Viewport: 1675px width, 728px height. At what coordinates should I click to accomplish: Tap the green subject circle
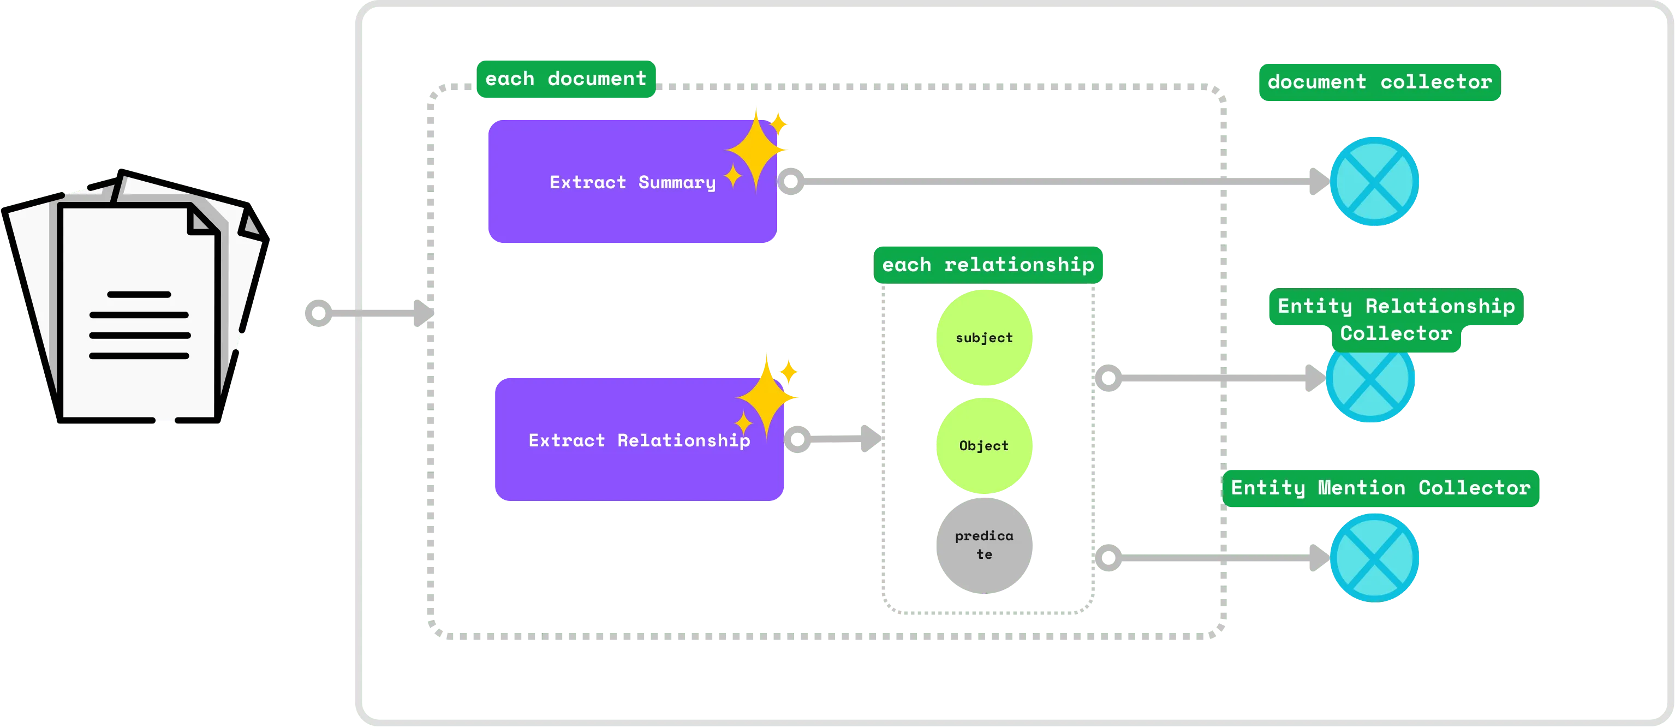pos(984,337)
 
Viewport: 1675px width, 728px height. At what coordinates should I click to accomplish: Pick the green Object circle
pos(984,446)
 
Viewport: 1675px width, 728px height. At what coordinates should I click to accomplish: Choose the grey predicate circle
pos(984,545)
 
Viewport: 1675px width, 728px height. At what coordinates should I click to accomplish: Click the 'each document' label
pos(566,79)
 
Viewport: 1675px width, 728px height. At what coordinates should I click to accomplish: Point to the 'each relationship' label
pos(988,265)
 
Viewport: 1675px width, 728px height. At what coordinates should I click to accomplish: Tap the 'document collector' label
pos(1379,82)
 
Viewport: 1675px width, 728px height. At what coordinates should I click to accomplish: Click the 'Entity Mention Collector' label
pos(1380,487)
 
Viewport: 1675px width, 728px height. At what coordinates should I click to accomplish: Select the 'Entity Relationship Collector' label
pos(1396,319)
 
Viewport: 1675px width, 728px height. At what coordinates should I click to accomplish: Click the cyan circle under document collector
pos(1374,181)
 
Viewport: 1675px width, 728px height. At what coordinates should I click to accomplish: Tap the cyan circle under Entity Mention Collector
pos(1374,558)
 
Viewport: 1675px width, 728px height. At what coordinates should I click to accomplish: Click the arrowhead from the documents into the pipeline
pos(422,313)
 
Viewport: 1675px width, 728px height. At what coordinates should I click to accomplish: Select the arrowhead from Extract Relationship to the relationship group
pos(869,439)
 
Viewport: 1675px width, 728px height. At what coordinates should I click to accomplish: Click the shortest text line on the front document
pos(139,295)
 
